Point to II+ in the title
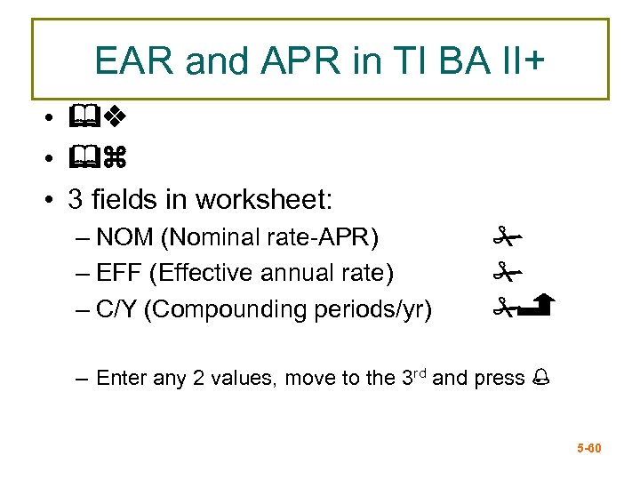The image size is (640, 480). (x=518, y=60)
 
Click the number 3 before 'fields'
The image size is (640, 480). (x=75, y=199)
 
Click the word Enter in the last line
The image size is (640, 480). (x=121, y=378)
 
